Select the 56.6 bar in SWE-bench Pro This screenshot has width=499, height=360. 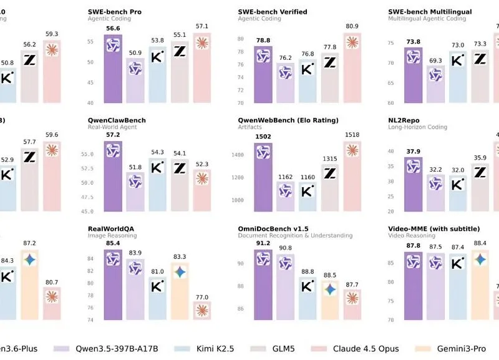(x=113, y=69)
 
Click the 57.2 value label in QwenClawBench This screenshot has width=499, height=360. (x=113, y=135)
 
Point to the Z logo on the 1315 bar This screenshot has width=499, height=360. (x=330, y=173)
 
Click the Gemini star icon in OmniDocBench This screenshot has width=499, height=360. (x=330, y=289)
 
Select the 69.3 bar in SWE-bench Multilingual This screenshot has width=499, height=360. (x=435, y=84)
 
